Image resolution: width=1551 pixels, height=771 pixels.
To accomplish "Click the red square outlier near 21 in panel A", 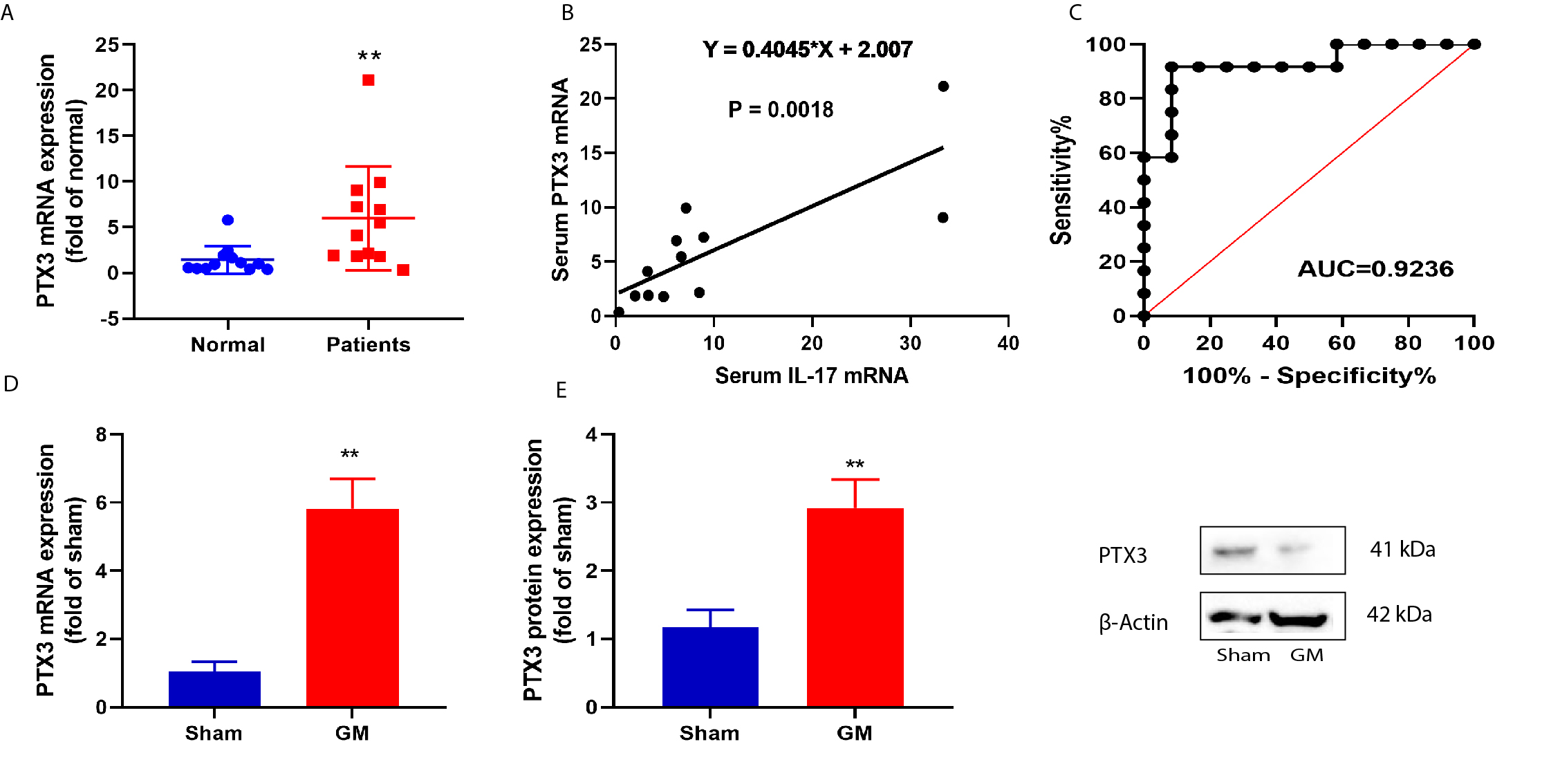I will coord(369,80).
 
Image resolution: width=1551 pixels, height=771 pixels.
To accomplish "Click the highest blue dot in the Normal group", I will coord(228,220).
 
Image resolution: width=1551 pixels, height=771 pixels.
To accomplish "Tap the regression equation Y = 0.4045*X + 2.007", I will coord(807,50).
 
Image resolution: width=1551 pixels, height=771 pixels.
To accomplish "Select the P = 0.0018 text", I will coord(781,109).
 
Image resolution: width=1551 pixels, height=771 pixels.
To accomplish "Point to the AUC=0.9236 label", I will coord(1375,268).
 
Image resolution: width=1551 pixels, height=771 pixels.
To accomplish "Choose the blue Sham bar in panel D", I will coord(214,689).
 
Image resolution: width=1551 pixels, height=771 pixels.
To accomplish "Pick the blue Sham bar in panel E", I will coord(710,667).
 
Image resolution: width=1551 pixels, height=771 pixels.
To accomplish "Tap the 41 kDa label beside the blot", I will coord(1402,550).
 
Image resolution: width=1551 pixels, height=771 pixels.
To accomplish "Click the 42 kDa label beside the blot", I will coord(1399,615).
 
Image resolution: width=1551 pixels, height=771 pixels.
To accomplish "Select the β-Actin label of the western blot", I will coord(1133,622).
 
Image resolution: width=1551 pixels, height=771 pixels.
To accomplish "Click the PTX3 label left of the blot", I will coord(1122,555).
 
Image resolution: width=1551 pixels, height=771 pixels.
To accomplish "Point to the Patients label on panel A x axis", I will coord(369,344).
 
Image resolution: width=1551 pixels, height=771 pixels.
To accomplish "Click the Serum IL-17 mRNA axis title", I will coord(811,375).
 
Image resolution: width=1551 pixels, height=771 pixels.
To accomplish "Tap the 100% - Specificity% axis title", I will coord(1309,375).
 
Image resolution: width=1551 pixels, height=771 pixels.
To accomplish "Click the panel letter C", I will coord(1075,12).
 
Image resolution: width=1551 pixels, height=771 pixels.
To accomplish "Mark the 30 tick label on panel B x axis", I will coord(910,343).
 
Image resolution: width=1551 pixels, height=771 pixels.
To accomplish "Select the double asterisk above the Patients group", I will coord(369,56).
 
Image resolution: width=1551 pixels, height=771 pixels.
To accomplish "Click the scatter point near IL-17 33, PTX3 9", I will coord(942,218).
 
